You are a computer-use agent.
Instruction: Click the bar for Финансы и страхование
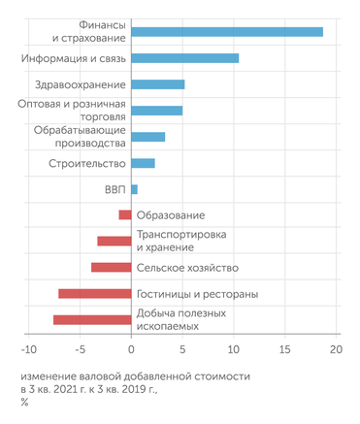coord(227,32)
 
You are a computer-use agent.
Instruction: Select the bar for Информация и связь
coord(184,58)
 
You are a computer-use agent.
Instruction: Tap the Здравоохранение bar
coord(157,84)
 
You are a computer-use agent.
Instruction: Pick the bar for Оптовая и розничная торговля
coord(156,111)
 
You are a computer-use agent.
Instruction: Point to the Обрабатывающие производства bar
coord(147,137)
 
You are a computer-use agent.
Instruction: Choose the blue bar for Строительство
coord(143,163)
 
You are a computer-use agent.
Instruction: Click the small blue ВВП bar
coord(134,189)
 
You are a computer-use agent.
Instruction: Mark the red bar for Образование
coord(124,215)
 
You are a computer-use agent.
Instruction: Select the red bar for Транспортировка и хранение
coord(114,241)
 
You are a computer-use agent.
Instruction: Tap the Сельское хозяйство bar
coord(111,267)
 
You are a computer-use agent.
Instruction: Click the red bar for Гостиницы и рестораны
coord(94,293)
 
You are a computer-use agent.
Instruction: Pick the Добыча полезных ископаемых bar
coord(91,319)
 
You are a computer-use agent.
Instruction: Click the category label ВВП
coord(114,189)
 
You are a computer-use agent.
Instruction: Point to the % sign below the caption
coord(24,402)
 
